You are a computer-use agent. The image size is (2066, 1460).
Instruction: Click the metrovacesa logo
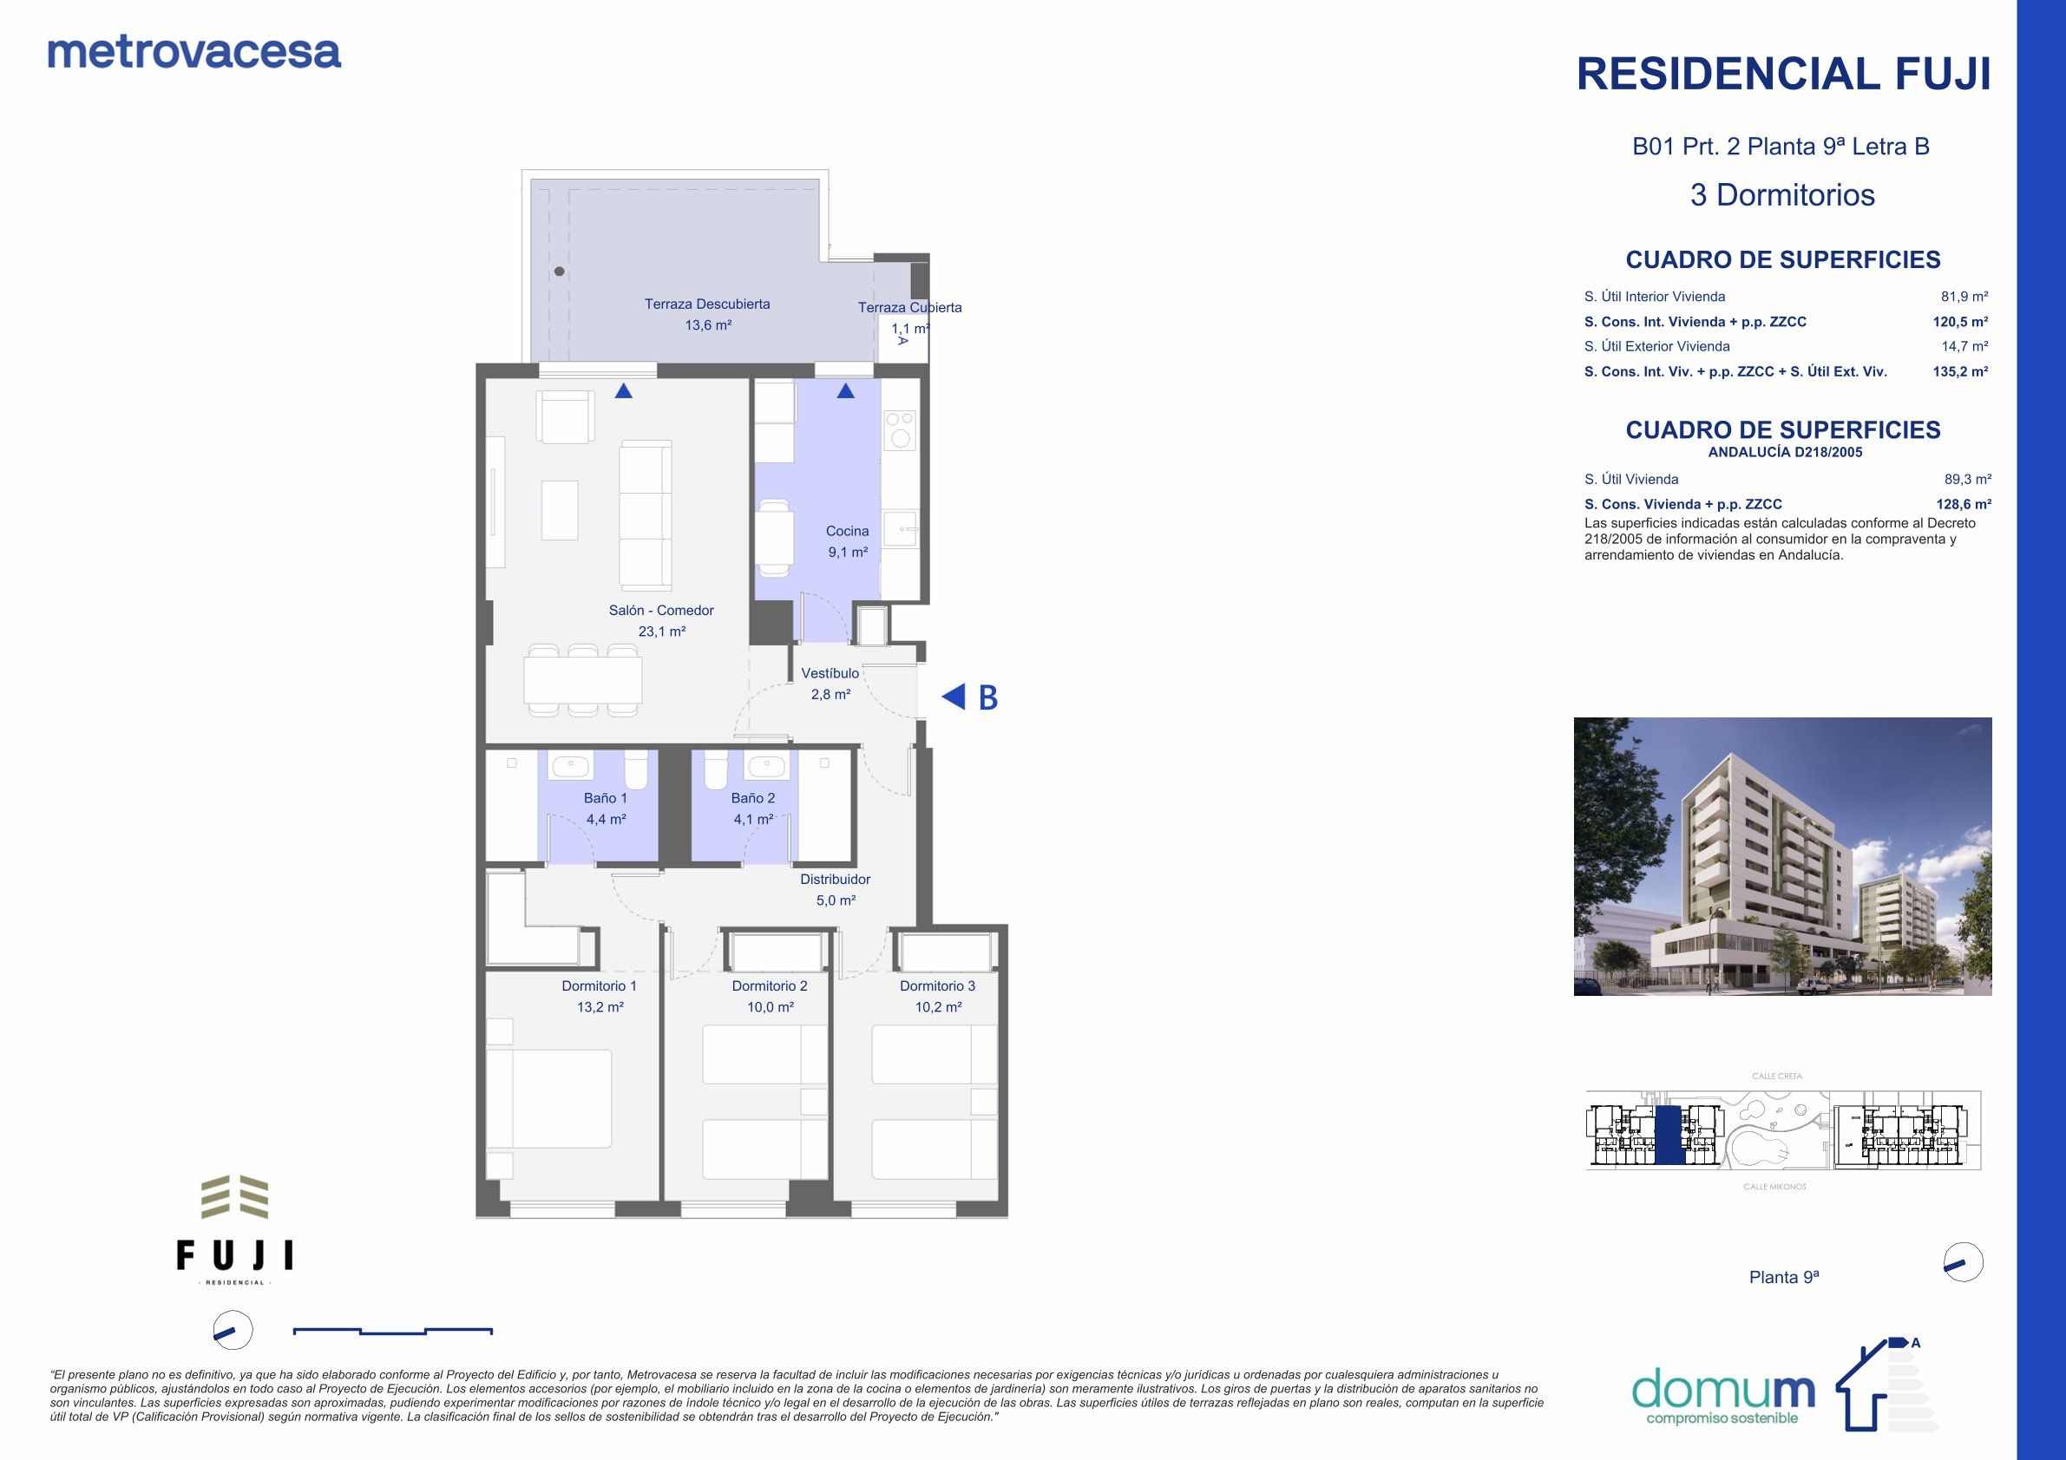click(x=193, y=53)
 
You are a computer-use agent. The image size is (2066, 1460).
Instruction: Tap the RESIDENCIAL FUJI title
click(x=1782, y=75)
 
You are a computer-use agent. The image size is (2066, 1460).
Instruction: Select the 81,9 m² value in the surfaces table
click(x=1964, y=297)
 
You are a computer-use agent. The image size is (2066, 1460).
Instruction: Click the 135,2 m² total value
click(x=1960, y=371)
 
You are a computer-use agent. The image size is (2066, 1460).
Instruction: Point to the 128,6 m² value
click(x=1964, y=505)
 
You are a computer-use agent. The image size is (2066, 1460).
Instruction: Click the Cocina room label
click(x=847, y=532)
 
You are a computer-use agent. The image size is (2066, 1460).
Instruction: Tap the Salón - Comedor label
click(x=660, y=611)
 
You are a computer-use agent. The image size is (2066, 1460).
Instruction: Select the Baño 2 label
click(x=752, y=798)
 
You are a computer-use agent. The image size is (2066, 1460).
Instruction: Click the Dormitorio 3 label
click(x=937, y=986)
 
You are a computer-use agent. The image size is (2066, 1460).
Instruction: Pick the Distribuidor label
click(x=835, y=879)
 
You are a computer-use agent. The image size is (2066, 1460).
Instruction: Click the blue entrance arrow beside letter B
click(x=954, y=697)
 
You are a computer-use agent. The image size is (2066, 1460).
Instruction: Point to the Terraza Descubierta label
click(x=706, y=304)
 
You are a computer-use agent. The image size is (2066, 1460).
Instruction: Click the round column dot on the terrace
click(x=560, y=272)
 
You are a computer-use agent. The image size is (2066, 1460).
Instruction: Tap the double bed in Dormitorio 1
click(x=550, y=1098)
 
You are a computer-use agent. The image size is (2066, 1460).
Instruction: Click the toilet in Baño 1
click(x=635, y=770)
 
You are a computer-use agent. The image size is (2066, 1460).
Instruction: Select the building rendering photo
click(x=1781, y=855)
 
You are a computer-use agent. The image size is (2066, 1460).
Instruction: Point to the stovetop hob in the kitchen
click(x=899, y=430)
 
